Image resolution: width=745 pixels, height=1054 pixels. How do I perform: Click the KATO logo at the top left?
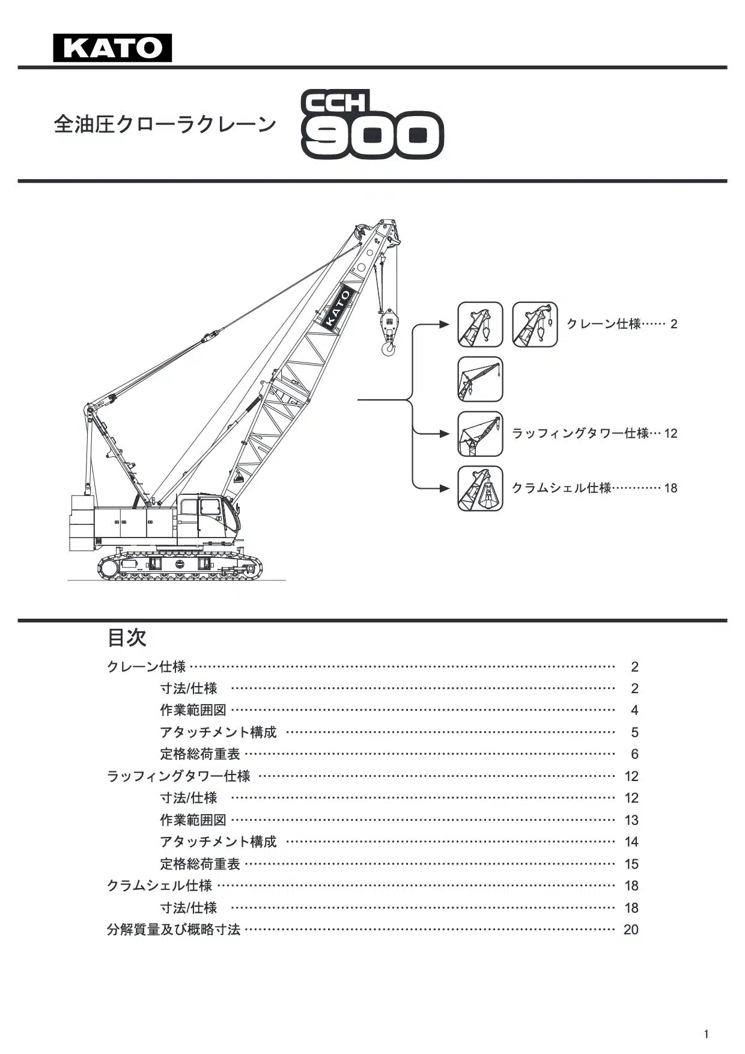tap(112, 48)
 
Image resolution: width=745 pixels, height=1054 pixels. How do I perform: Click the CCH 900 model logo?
tap(372, 125)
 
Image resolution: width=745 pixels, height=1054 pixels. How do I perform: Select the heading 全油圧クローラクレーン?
tap(165, 124)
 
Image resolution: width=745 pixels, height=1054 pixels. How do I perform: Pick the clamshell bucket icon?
tap(480, 488)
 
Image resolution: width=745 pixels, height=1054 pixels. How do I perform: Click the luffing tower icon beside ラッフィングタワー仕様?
tap(480, 434)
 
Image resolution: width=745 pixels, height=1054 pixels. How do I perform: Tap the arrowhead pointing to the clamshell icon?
tap(445, 488)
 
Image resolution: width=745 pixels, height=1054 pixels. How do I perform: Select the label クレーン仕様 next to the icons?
tap(604, 324)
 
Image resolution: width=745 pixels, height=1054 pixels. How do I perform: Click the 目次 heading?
tap(127, 638)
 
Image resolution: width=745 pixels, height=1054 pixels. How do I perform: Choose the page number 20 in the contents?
tap(631, 930)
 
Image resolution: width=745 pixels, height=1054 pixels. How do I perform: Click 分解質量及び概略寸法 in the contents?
tap(174, 930)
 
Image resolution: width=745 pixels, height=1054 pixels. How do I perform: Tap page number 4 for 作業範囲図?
tap(634, 711)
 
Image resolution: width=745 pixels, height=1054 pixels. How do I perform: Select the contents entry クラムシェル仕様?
tap(159, 886)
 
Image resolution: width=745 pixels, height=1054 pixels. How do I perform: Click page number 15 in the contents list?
tap(631, 864)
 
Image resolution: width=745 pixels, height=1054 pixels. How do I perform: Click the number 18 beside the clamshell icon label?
tap(670, 488)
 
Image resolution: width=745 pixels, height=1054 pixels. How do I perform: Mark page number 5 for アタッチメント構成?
tap(634, 732)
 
